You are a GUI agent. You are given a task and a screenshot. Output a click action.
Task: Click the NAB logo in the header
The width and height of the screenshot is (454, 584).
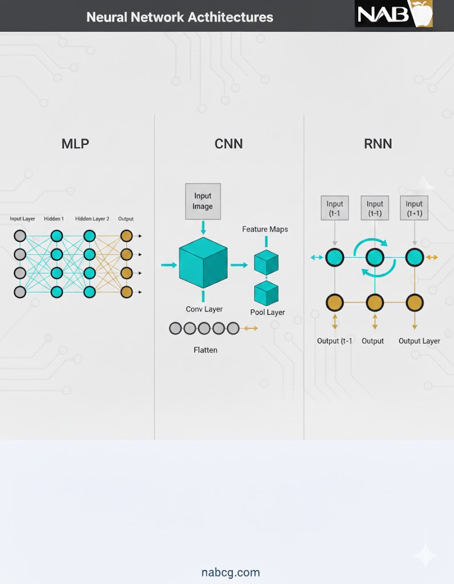(394, 14)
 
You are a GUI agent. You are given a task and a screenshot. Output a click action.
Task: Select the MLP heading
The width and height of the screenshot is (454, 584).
(75, 144)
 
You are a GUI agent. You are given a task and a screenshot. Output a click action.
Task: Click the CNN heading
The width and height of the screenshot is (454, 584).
(229, 144)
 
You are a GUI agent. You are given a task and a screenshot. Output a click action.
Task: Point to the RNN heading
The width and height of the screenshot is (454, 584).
(378, 144)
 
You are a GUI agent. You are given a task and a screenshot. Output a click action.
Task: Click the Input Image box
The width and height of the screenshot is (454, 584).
(202, 201)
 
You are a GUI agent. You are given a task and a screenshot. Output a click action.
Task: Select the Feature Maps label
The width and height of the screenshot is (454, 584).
(265, 229)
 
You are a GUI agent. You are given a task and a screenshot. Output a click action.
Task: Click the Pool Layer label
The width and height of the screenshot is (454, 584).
(267, 313)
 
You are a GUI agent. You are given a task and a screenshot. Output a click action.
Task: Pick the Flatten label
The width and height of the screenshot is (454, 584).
(205, 350)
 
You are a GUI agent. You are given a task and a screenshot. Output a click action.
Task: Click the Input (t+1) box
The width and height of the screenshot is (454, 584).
(414, 209)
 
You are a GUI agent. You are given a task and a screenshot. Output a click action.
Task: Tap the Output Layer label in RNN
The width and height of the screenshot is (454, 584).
(419, 341)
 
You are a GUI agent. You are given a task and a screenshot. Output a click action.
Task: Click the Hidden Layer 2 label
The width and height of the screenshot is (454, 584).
(92, 219)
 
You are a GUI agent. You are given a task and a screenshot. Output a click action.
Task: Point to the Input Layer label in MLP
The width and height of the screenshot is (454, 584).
(22, 219)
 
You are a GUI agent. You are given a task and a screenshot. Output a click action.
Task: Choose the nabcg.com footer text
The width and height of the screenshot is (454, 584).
(230, 572)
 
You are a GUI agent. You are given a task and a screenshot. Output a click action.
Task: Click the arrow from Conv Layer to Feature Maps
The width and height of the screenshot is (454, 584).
(239, 265)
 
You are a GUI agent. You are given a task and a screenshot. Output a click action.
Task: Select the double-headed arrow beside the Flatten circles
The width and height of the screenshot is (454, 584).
(250, 328)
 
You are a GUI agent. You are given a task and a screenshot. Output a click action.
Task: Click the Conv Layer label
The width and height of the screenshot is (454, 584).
(204, 309)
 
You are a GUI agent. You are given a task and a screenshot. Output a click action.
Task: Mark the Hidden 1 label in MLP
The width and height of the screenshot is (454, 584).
(54, 219)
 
